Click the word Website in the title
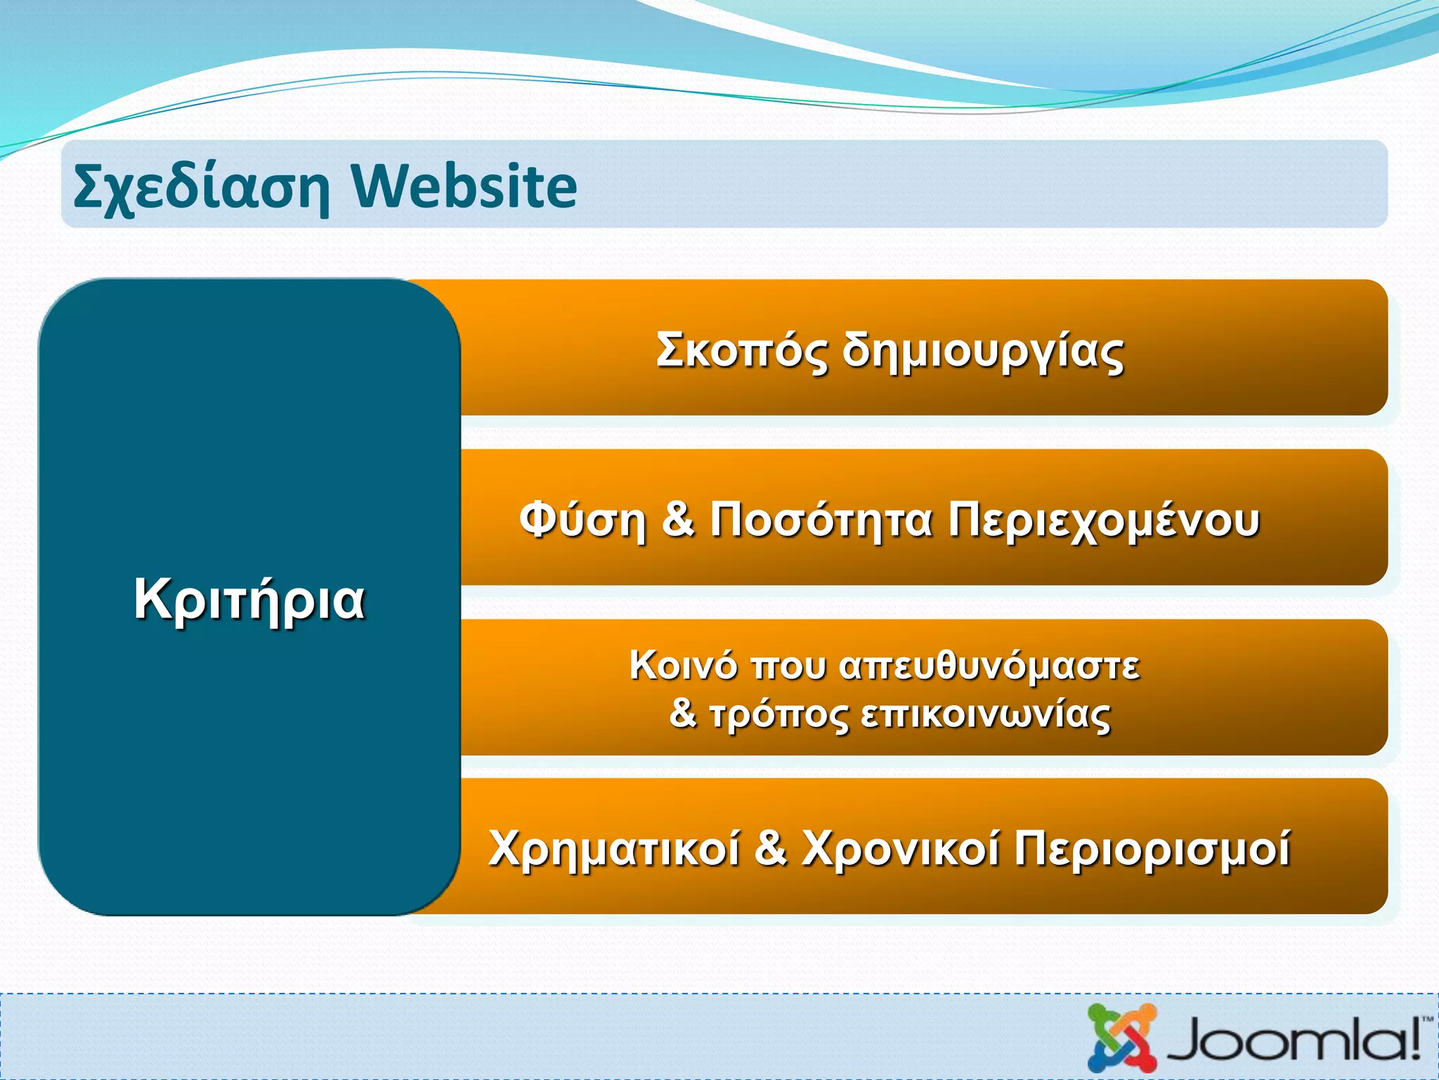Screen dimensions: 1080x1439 click(464, 187)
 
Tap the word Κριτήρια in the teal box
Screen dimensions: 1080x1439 click(249, 599)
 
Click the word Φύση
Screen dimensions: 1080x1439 click(582, 520)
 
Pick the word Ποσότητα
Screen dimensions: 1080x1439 click(821, 520)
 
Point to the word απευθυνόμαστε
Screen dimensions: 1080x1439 click(989, 665)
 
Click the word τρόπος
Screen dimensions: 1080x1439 click(779, 715)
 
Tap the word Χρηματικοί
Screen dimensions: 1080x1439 click(614, 849)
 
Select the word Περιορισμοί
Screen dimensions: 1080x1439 click(1152, 849)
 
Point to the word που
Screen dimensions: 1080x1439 click(789, 665)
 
